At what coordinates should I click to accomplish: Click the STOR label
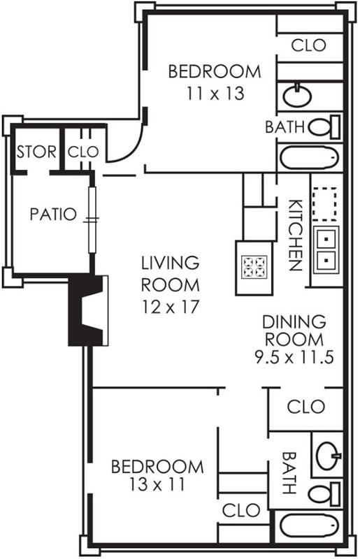click(x=36, y=152)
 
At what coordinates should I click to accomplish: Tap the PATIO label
click(x=53, y=215)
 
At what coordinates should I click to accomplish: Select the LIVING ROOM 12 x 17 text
click(x=170, y=284)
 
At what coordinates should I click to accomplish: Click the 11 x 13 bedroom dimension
click(x=215, y=94)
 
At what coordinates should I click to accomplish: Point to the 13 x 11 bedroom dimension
click(x=157, y=484)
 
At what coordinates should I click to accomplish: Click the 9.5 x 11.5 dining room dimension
click(x=294, y=357)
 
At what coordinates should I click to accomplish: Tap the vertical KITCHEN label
click(x=296, y=235)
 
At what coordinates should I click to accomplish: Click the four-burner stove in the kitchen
click(x=254, y=268)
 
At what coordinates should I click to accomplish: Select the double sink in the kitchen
click(x=326, y=249)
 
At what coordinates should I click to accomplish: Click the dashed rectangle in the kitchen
click(x=324, y=204)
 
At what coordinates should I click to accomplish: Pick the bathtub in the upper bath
click(x=310, y=157)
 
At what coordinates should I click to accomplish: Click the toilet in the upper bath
click(x=324, y=127)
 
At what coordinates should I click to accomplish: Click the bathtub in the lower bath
click(x=310, y=525)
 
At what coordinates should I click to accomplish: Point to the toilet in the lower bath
click(x=324, y=494)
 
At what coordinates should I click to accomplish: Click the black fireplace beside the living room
click(x=88, y=310)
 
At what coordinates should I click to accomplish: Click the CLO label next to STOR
click(x=83, y=152)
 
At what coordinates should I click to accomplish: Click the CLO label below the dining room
click(x=305, y=407)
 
